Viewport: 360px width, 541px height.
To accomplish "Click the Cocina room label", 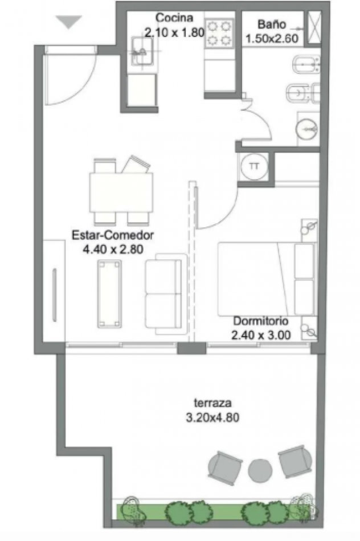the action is click(174, 18).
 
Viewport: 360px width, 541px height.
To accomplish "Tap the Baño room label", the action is click(272, 24).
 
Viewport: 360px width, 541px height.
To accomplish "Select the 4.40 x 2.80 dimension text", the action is click(113, 249).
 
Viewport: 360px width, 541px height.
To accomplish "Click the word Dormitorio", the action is click(260, 321).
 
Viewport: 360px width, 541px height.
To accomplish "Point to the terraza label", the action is click(212, 403).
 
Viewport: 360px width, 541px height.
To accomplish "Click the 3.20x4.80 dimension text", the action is click(212, 417).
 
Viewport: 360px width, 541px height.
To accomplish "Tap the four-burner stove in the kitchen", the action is click(219, 33).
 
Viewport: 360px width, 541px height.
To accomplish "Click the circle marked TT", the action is click(255, 167).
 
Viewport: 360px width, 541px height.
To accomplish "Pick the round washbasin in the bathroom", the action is click(306, 129).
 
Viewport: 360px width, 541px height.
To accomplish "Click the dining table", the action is click(121, 192).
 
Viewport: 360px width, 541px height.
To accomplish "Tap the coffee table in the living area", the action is click(110, 294).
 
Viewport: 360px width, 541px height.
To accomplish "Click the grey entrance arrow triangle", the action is click(69, 22).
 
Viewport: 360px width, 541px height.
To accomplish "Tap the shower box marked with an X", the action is click(314, 27).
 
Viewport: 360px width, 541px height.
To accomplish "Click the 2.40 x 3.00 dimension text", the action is click(261, 335).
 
